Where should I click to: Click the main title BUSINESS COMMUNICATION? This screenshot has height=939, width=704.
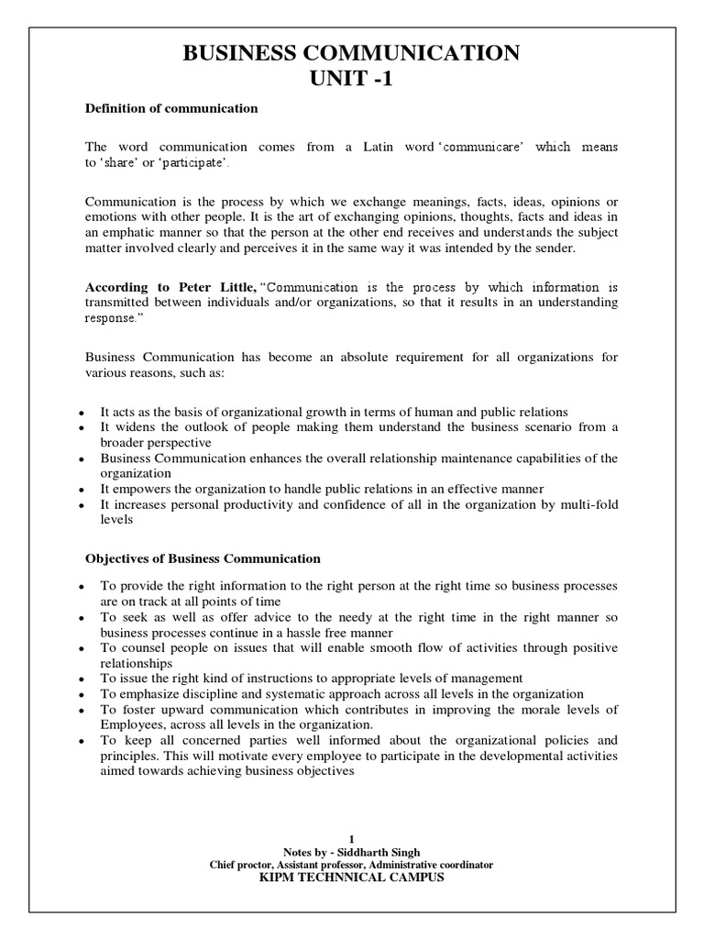point(351,54)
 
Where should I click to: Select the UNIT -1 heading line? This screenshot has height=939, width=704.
point(351,80)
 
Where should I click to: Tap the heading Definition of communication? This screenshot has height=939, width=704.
point(171,108)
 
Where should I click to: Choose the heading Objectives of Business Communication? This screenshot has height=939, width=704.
point(203,558)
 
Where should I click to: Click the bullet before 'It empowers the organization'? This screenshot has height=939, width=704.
point(82,489)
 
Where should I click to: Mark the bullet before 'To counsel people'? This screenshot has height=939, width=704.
point(82,648)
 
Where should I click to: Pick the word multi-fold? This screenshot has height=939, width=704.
point(586,503)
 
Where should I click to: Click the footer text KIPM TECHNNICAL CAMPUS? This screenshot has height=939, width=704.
point(351,878)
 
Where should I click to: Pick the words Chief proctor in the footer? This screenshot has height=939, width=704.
point(243,865)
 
